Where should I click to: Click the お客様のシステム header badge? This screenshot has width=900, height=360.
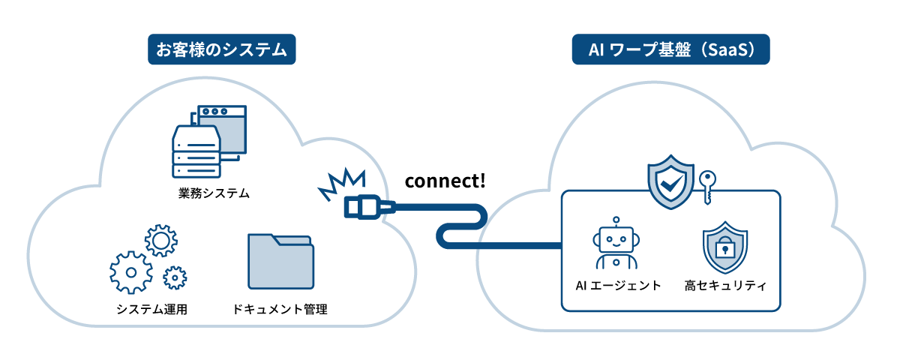(x=221, y=49)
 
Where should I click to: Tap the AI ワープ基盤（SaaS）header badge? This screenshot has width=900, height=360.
(x=670, y=49)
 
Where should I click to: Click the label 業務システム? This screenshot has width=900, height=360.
(x=209, y=194)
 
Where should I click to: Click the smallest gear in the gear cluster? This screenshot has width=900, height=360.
(x=175, y=277)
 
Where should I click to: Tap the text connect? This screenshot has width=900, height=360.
(x=445, y=181)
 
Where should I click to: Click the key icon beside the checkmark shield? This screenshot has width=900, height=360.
(x=706, y=185)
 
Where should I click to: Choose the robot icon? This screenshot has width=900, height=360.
(x=616, y=244)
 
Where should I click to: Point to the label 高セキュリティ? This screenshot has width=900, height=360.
(x=724, y=285)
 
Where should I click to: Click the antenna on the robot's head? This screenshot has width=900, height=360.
(x=616, y=222)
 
